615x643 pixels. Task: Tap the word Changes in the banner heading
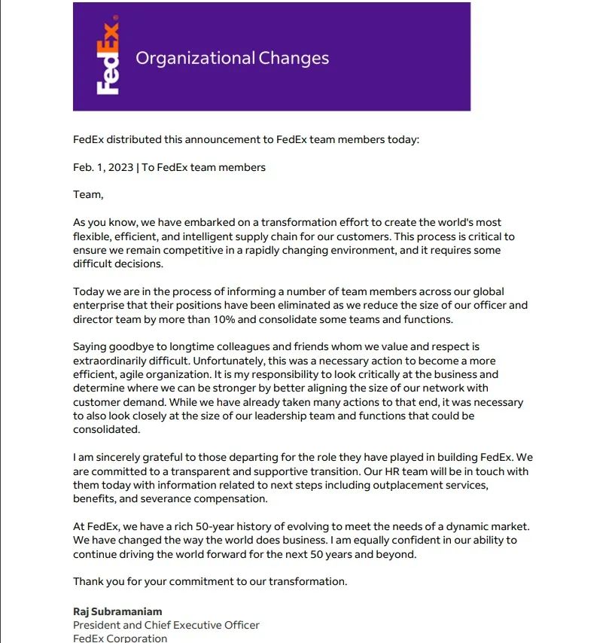(x=294, y=58)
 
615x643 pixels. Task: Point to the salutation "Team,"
(x=87, y=194)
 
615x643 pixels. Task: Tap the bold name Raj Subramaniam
(x=117, y=611)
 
